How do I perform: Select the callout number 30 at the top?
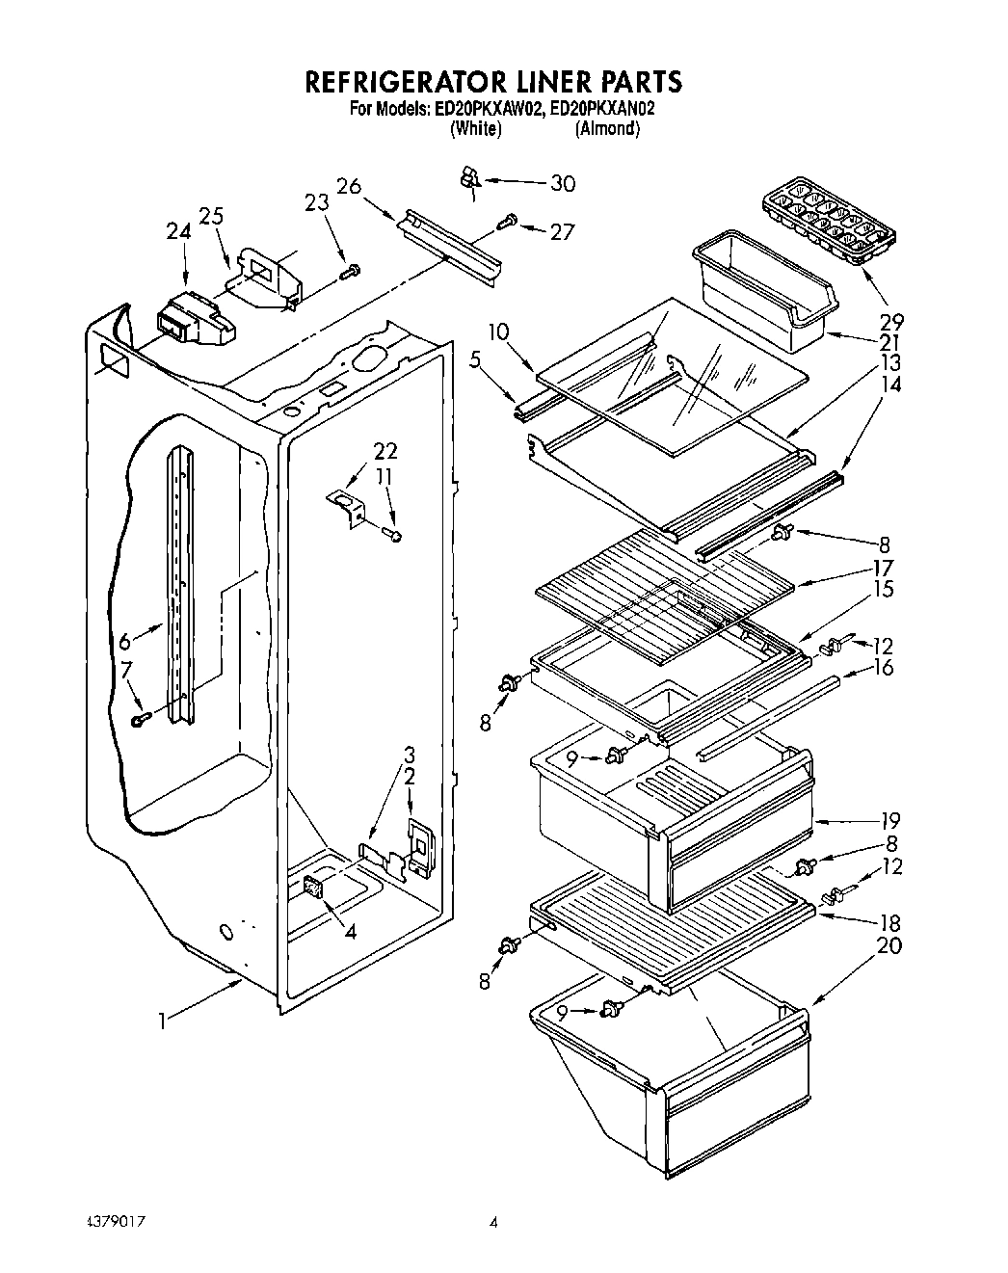(562, 184)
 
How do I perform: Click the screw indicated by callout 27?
(505, 225)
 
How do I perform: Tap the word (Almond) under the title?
(607, 128)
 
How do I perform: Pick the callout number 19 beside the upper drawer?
(888, 821)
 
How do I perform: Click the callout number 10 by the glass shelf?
(498, 332)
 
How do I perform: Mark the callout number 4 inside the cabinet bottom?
(349, 931)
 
